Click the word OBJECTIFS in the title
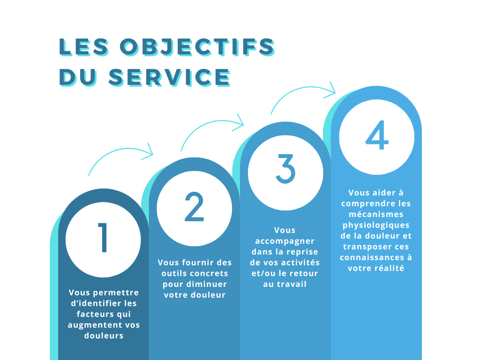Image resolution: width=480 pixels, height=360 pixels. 197,47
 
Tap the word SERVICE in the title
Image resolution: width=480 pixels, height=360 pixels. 170,77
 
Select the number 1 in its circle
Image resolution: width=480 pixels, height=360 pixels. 103,238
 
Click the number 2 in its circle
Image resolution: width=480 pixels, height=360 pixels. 194,206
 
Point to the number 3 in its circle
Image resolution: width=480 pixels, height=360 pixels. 285,169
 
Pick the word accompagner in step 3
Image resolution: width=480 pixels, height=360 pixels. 285,241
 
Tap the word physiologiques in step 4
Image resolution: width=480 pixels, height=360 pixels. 376,225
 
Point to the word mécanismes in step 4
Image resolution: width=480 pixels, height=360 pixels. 376,214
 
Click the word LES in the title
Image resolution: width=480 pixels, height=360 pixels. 83,47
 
